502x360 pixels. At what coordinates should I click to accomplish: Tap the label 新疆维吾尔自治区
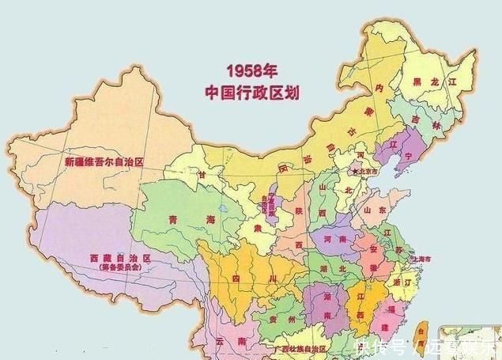point(105,162)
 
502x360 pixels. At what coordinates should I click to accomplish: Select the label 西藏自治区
point(119,259)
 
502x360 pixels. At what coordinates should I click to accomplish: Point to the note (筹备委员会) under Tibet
point(119,269)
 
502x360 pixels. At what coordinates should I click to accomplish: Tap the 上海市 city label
point(420,259)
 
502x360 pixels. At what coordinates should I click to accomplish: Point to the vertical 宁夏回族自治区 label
point(262,207)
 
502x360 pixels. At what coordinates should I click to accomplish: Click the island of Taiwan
point(420,332)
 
